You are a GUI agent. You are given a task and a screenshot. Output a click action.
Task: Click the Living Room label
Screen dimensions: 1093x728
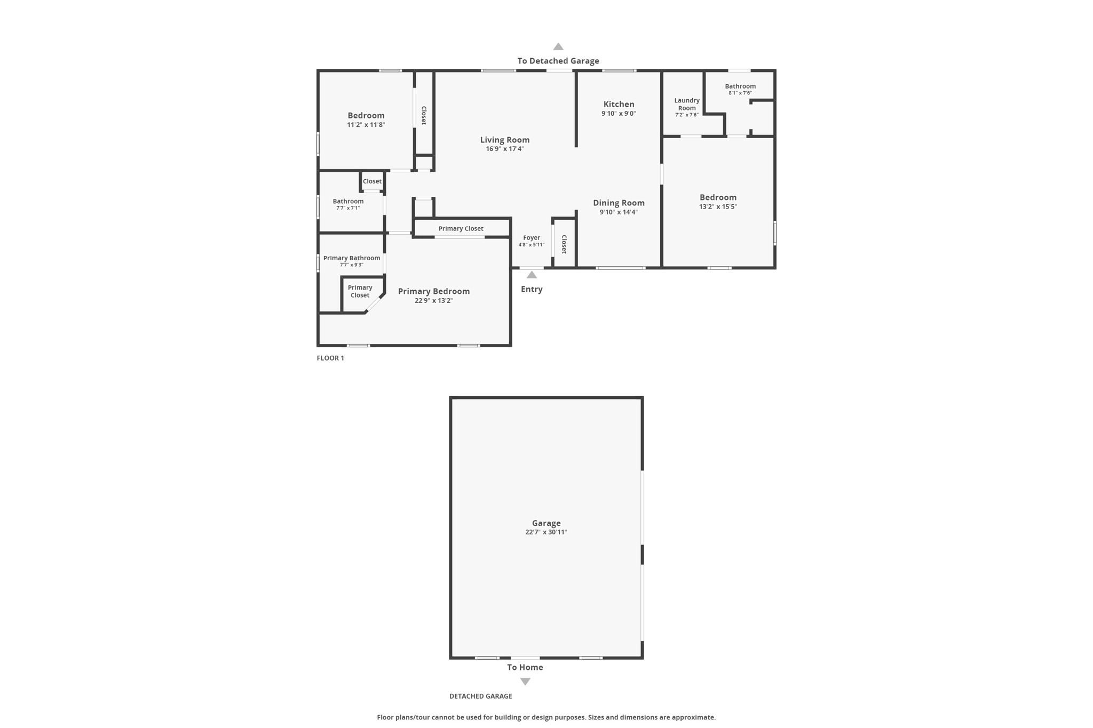505,140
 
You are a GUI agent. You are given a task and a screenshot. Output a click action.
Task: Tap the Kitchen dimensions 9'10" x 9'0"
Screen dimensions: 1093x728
619,114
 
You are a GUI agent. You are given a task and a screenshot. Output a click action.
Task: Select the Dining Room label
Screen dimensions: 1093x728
619,203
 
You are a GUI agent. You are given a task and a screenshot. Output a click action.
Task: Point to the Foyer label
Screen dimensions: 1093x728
532,238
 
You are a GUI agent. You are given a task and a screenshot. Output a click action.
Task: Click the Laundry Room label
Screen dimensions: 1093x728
687,104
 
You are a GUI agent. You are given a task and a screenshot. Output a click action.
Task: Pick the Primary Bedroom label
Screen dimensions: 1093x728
434,291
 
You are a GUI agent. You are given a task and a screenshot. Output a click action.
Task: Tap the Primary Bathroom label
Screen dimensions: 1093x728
352,258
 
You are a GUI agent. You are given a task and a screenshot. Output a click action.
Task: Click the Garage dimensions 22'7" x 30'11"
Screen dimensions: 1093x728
546,532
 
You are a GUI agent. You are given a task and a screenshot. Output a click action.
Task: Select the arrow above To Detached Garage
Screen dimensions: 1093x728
558,46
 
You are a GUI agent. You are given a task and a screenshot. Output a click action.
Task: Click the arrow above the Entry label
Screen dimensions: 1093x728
532,275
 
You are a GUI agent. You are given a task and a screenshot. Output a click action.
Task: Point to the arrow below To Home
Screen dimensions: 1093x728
525,682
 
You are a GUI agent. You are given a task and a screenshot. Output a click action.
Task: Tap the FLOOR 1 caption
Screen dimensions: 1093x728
330,358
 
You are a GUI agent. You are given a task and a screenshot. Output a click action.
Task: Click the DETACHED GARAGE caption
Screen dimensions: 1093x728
480,696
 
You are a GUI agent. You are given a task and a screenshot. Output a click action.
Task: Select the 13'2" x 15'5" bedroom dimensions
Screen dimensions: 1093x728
718,207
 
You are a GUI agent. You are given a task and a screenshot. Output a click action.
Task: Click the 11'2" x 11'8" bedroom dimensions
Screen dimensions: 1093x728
366,125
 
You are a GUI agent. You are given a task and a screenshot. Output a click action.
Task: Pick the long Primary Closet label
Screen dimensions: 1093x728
461,229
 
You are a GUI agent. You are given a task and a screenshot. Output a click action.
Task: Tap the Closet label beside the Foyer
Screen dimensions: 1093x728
564,244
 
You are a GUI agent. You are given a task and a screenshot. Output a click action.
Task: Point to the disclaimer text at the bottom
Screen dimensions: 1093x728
546,717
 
